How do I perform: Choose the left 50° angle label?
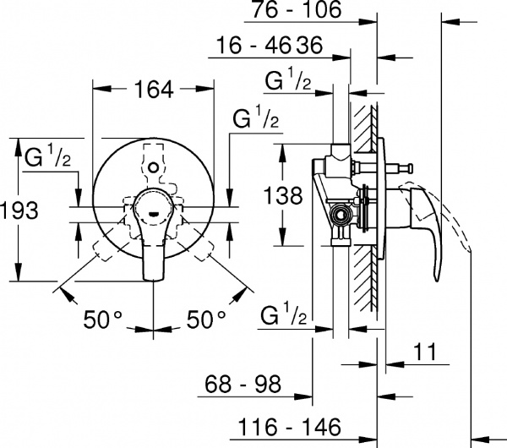(103, 319)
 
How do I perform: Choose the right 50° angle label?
(205, 319)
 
